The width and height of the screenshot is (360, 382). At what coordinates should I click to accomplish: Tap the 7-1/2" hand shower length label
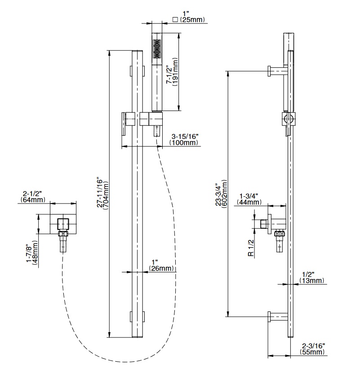pyautogui.click(x=169, y=75)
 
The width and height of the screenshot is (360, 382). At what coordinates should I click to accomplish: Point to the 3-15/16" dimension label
pyautogui.click(x=185, y=136)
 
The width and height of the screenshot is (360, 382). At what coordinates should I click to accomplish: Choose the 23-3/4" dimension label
pyautogui.click(x=219, y=194)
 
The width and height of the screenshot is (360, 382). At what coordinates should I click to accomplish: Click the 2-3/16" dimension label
pyautogui.click(x=314, y=346)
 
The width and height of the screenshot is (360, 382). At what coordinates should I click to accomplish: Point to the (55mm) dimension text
pyautogui.click(x=313, y=353)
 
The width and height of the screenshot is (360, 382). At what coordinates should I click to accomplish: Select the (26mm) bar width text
pyautogui.click(x=161, y=269)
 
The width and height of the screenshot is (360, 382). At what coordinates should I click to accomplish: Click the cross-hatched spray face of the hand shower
pyautogui.click(x=157, y=49)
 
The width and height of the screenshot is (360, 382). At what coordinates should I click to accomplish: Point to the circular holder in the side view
pyautogui.click(x=288, y=119)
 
